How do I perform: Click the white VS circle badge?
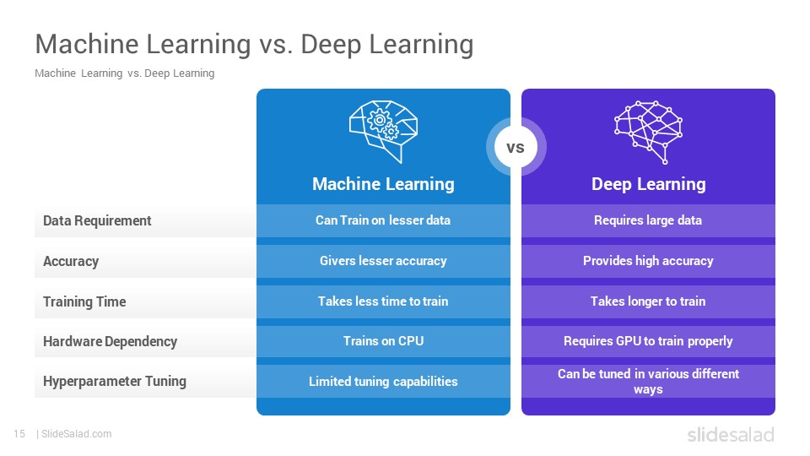pos(516,147)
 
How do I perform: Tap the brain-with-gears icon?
pos(383,132)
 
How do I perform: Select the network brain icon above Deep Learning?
pos(648,133)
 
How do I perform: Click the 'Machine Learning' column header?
pos(383,184)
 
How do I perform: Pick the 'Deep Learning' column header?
pos(648,184)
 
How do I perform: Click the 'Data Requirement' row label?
pos(97,220)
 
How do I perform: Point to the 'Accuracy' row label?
pos(71,261)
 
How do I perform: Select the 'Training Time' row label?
pos(84,301)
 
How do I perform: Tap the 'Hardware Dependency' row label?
pos(110,341)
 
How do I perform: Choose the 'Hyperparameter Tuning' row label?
pos(115,381)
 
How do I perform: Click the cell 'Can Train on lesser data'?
pos(383,220)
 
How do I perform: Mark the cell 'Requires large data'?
pos(648,220)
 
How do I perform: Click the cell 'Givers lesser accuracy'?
pos(383,261)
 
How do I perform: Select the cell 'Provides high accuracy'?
pos(648,261)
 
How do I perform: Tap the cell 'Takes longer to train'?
pos(648,301)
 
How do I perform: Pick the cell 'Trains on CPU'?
pos(383,341)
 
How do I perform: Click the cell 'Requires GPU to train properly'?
pos(648,341)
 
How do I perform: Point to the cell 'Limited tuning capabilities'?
pos(383,382)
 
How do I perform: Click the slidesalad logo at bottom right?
pos(731,434)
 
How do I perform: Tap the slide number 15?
pos(19,434)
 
